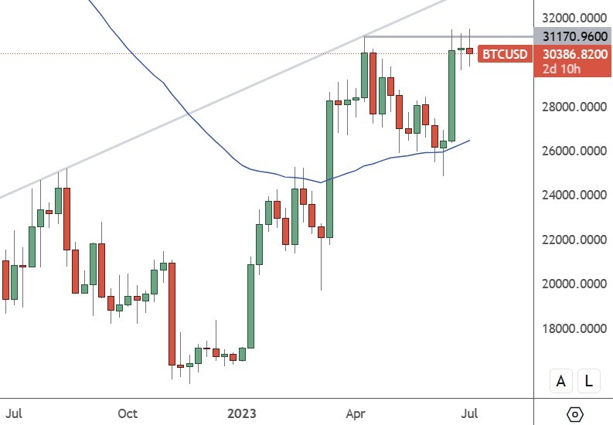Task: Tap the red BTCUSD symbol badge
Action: [x=504, y=54]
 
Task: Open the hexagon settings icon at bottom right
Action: [x=574, y=414]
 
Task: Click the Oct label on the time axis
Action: [x=128, y=413]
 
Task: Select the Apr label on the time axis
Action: [x=355, y=413]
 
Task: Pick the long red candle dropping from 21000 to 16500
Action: [x=172, y=314]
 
